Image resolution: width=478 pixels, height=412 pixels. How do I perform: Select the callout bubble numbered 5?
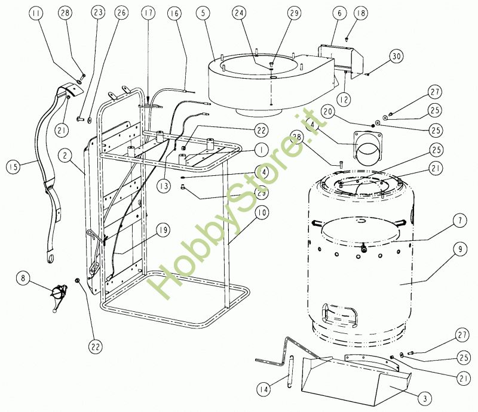point(204,12)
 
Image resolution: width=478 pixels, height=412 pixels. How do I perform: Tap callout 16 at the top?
point(173,12)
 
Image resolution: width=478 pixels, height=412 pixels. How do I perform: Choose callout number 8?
point(23,277)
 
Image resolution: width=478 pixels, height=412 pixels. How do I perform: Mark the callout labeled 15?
point(13,166)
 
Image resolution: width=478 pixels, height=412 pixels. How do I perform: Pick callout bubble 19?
point(162,230)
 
